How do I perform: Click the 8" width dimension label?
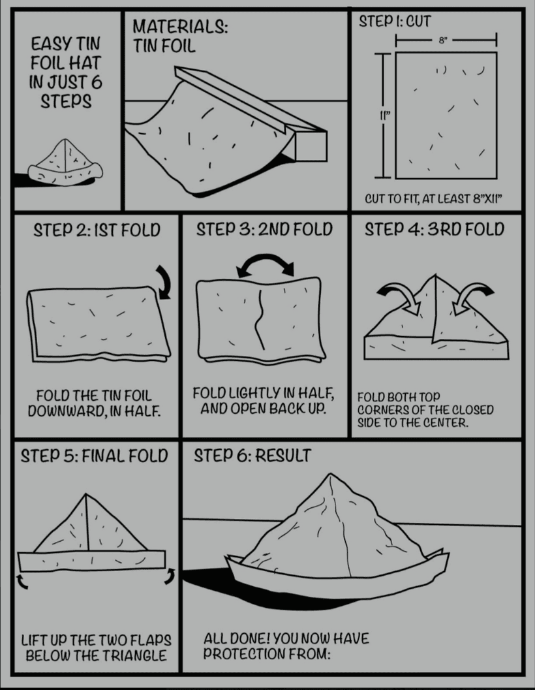click(x=443, y=40)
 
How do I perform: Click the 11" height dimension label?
click(x=385, y=116)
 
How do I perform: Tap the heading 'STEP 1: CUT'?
click(x=395, y=21)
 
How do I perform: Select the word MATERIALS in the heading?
click(x=180, y=27)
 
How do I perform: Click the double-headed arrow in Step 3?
click(x=266, y=264)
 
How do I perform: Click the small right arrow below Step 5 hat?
click(x=170, y=576)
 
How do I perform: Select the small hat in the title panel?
click(x=65, y=162)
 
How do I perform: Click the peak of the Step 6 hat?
click(x=330, y=474)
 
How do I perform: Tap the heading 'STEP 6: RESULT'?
click(x=252, y=456)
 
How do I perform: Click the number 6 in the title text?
click(x=97, y=82)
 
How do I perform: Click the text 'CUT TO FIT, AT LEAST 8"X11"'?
click(x=433, y=199)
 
